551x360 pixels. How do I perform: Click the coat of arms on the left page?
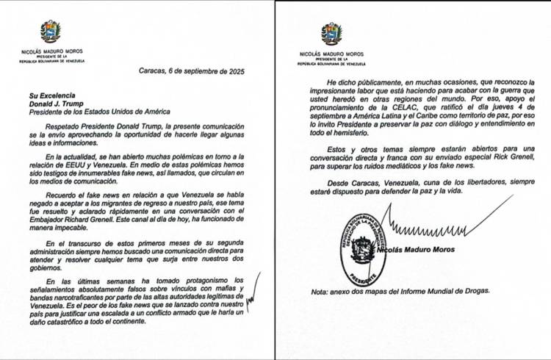tap(51, 32)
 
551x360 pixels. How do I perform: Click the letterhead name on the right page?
tap(331, 54)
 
